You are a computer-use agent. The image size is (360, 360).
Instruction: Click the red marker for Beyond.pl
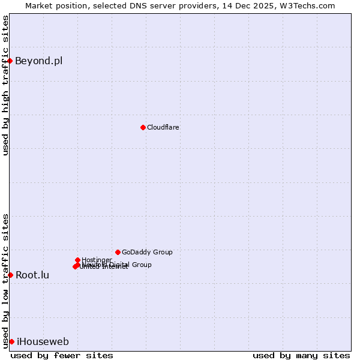pos(10,61)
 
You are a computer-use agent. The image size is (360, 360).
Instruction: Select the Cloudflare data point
pos(143,127)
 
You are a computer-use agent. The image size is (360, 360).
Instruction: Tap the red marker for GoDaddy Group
pos(118,252)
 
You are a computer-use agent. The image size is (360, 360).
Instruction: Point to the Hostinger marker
pos(77,260)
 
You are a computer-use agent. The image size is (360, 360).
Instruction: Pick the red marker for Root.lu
pos(10,275)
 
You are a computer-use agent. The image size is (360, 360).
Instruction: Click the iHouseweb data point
pos(11,341)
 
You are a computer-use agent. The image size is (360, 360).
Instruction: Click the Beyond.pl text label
pos(38,61)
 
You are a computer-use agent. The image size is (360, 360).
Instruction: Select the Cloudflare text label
pos(163,127)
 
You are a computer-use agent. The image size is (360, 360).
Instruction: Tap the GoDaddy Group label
pos(147,252)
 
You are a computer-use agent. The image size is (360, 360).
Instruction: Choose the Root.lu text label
pos(32,275)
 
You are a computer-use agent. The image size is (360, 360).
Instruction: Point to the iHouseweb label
pos(43,341)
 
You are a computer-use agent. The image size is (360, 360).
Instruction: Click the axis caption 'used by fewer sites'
pos(62,355)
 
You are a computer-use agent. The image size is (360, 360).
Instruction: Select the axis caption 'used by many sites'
pos(301,355)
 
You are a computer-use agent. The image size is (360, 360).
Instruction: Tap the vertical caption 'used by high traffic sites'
pos(5,85)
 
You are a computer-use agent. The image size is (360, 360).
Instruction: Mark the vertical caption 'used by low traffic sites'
pos(5,281)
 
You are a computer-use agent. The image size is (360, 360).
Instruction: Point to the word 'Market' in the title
pos(39,5)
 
